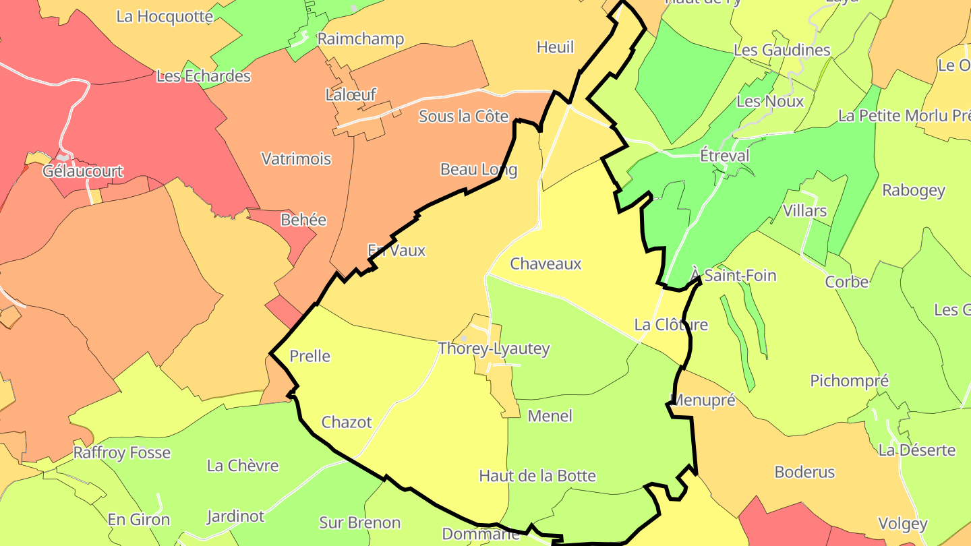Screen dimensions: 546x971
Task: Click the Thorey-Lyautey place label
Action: pos(494,348)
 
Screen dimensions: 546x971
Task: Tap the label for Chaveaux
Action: pos(546,264)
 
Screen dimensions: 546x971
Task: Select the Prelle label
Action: pos(310,356)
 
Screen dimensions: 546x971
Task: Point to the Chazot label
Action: pos(347,422)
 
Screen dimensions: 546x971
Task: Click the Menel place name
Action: pos(550,416)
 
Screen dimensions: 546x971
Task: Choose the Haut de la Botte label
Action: pos(537,476)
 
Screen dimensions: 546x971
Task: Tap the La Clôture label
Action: pos(671,325)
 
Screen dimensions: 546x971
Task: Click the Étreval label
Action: pos(724,156)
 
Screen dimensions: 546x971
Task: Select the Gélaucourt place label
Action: pos(83,171)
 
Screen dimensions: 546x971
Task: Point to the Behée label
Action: pos(303,220)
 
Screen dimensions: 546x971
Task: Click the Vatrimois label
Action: pos(296,158)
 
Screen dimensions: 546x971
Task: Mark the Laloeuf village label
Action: pos(351,95)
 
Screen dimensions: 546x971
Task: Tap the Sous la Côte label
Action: pos(463,116)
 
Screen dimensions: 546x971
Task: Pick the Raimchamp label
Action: pos(361,39)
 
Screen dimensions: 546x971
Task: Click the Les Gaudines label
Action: pos(782,50)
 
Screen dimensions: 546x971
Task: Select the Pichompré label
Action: pos(849,381)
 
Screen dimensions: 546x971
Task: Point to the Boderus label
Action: pos(804,472)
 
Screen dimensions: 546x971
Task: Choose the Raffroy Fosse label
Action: pos(122,452)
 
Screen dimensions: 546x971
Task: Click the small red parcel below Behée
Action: pos(284,311)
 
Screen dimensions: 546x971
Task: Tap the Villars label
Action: pos(804,211)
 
